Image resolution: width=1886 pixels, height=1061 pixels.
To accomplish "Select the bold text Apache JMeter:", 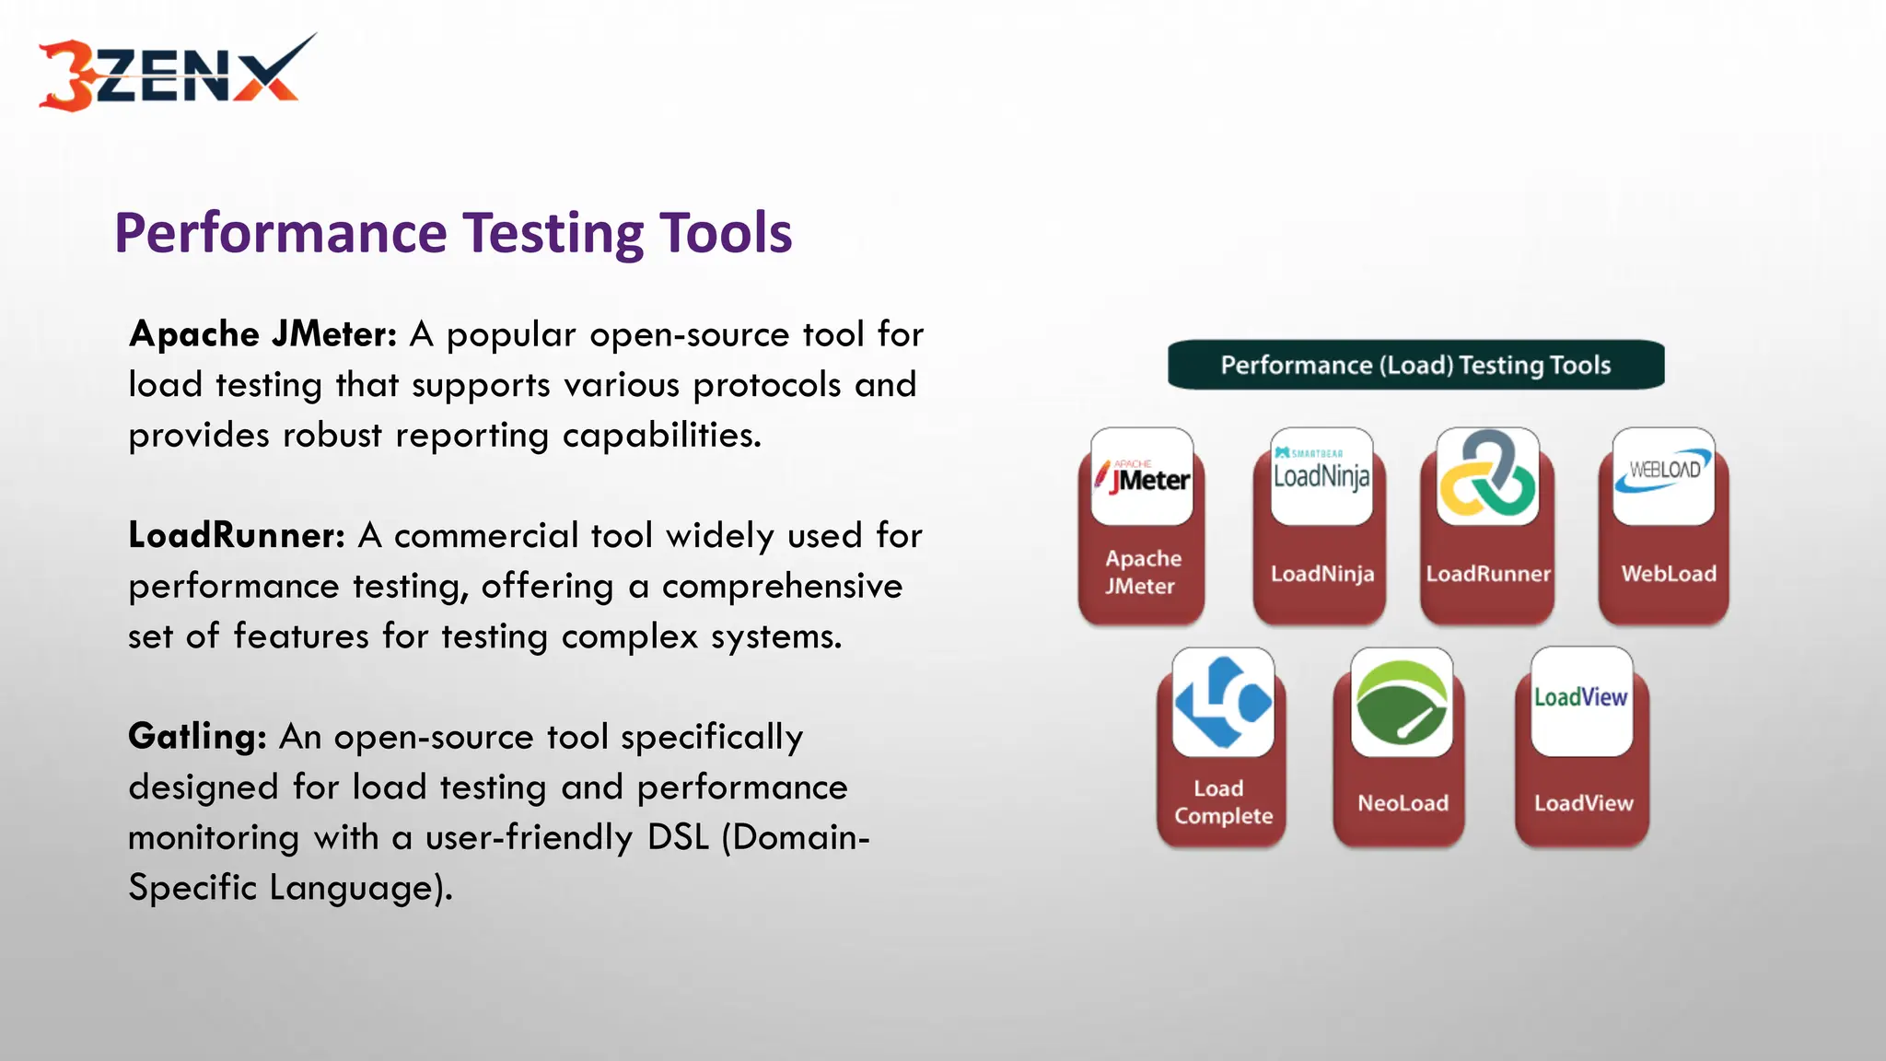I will pos(262,334).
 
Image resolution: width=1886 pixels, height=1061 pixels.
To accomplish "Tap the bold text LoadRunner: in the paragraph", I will pos(237,536).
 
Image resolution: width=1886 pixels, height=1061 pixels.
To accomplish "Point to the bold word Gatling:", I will pos(197,737).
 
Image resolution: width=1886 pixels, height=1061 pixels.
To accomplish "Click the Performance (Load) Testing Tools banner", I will pos(1415,366).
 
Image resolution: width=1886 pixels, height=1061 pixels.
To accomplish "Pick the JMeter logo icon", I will pos(1142,477).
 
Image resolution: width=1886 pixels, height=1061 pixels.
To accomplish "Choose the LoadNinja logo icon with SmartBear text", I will pos(1321,475).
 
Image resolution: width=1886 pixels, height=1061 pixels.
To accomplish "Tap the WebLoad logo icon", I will pos(1663,475).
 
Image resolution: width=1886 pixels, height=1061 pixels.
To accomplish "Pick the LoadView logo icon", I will pos(1580,700).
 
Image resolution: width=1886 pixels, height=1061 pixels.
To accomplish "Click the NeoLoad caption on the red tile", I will pos(1403,803).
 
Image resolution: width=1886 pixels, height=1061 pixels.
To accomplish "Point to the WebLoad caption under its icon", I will pos(1669,574).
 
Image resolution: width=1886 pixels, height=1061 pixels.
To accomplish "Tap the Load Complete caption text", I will pos(1222,802).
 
